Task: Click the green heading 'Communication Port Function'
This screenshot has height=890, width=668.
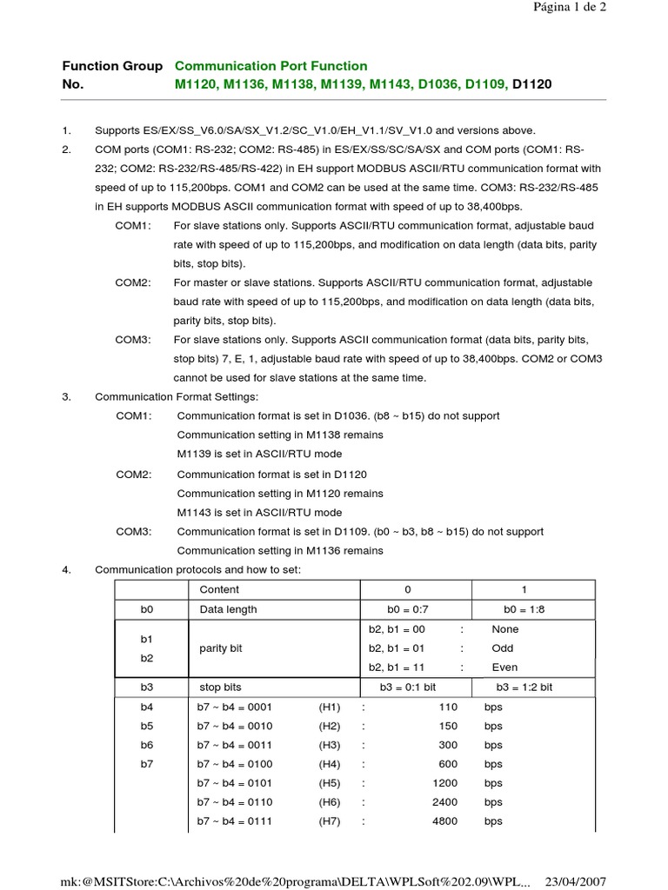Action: [x=271, y=66]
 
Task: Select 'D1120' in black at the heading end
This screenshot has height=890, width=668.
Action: [x=531, y=83]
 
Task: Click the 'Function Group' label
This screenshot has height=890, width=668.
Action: [x=111, y=66]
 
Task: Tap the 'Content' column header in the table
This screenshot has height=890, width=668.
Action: [x=219, y=589]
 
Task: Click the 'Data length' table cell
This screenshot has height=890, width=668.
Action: [x=228, y=609]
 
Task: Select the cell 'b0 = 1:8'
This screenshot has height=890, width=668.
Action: [x=524, y=609]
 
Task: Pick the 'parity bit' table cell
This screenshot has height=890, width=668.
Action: [x=221, y=648]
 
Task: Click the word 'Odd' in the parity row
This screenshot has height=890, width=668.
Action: [x=503, y=648]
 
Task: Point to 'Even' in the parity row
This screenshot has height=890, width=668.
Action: [x=504, y=667]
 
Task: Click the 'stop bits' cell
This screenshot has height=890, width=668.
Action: [x=221, y=687]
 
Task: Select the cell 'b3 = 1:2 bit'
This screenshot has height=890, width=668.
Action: [x=524, y=687]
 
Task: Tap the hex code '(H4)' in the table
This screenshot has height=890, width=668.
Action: [x=329, y=764]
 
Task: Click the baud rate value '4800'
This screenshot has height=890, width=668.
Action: [x=444, y=821]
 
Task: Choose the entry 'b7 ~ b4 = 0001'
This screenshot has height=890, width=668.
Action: [x=235, y=707]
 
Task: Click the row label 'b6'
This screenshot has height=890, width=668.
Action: [x=146, y=745]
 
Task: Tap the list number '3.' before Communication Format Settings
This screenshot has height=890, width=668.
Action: [x=66, y=396]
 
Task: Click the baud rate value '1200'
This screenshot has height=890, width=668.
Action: [x=444, y=783]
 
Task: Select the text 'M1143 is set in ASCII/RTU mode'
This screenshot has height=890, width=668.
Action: [x=259, y=512]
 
